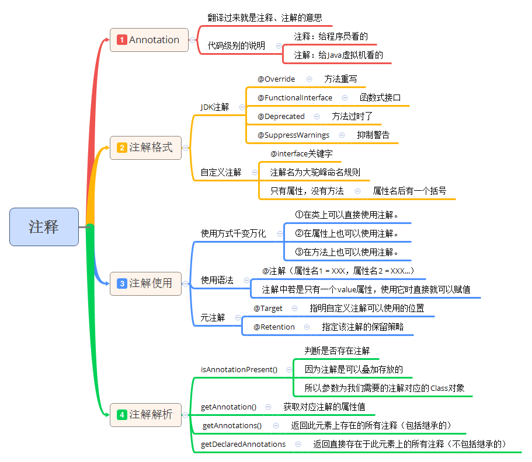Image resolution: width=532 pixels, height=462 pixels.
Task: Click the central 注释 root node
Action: click(44, 226)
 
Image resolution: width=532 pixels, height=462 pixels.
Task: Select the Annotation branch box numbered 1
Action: click(149, 40)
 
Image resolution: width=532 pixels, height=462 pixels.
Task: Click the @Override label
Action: click(276, 79)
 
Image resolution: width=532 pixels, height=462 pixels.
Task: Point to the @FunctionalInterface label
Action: click(295, 97)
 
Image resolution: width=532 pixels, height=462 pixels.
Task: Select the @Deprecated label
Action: click(281, 116)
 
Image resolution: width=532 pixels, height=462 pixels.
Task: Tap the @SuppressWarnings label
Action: click(293, 135)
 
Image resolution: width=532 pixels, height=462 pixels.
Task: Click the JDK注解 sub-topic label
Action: click(215, 107)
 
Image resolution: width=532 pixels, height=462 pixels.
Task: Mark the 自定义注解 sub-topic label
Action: click(221, 172)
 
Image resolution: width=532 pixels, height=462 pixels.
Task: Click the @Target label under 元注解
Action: click(268, 308)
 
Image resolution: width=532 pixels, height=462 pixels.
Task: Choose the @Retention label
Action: click(274, 327)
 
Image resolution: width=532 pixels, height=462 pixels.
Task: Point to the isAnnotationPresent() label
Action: click(239, 369)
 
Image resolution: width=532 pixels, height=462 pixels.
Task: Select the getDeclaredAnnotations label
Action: click(244, 444)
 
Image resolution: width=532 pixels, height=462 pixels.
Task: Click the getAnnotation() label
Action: click(228, 407)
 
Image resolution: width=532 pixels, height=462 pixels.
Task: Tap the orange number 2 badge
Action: click(121, 148)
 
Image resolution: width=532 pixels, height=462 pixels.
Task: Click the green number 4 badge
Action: click(121, 415)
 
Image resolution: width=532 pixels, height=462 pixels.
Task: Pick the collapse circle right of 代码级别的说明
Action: click(279, 45)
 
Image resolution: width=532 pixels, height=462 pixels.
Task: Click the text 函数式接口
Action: click(380, 97)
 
